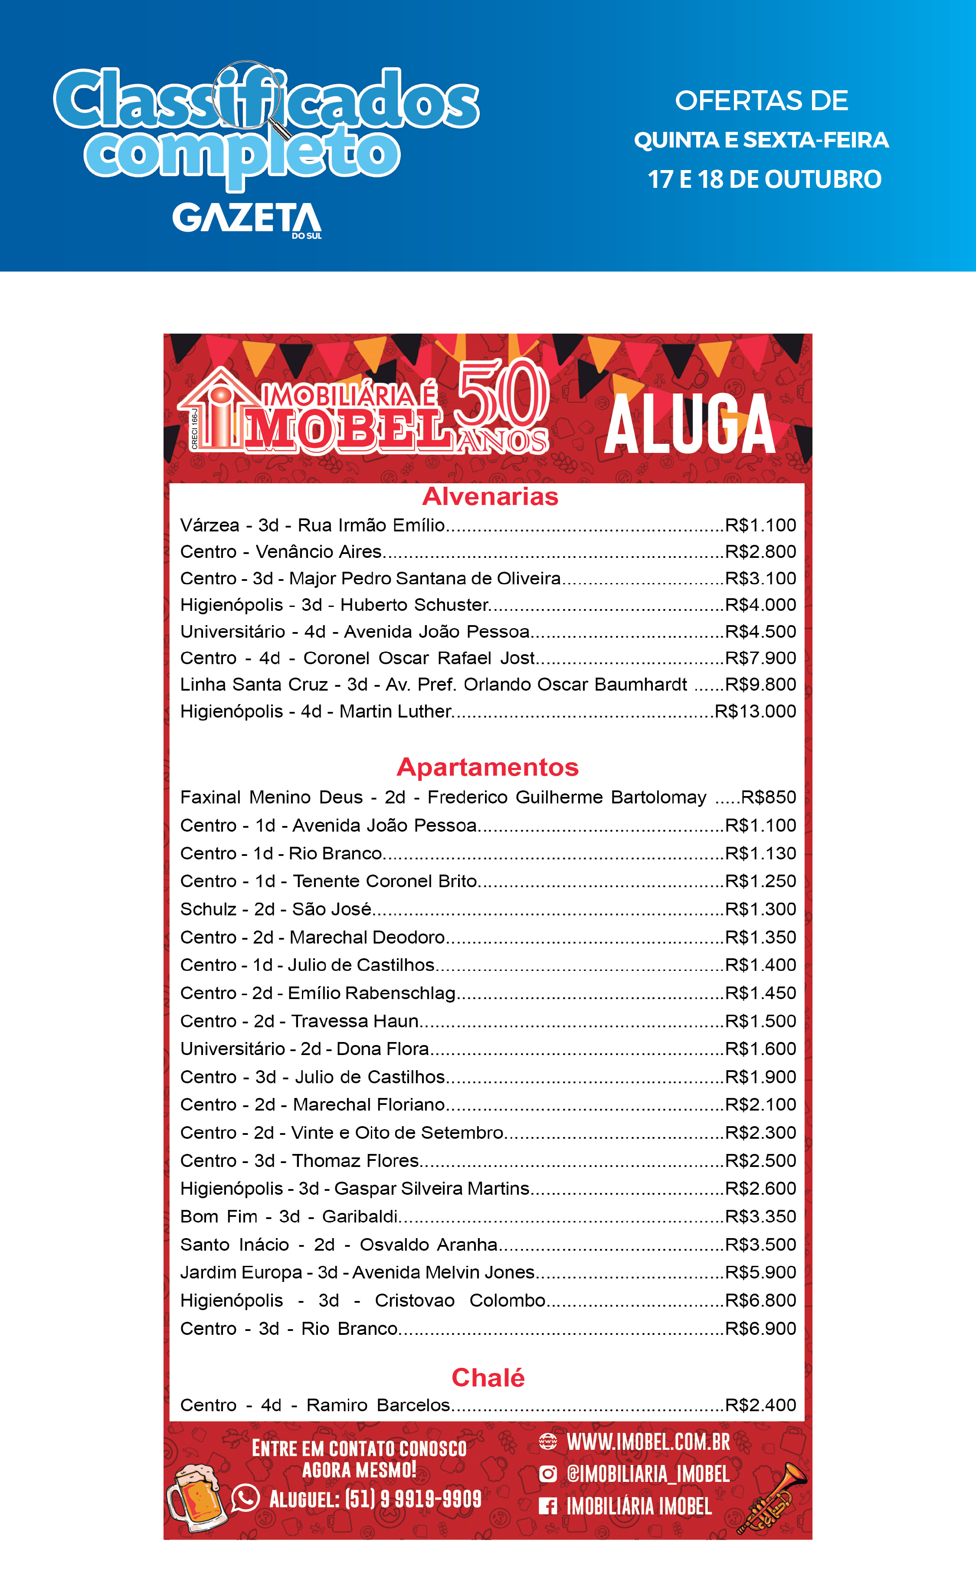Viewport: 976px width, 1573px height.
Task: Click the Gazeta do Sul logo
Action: coord(246,220)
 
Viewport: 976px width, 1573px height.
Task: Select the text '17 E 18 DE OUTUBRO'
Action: coord(764,180)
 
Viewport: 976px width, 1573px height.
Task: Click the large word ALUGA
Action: coord(689,425)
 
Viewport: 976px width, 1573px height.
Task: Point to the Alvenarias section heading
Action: coord(490,496)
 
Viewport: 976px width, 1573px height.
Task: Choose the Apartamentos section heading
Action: coord(488,767)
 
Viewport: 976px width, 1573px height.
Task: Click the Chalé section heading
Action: coord(488,1377)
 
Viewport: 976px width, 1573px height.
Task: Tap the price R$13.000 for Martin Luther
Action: coord(755,711)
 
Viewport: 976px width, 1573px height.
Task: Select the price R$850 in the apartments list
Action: coord(768,797)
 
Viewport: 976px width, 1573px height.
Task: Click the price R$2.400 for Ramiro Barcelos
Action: coord(760,1405)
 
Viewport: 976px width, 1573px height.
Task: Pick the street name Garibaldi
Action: coord(360,1217)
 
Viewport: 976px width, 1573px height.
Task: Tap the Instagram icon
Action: coord(547,1474)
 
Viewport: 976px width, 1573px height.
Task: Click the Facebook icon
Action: coord(547,1506)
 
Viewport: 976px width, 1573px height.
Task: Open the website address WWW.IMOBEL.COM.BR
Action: coord(648,1442)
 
